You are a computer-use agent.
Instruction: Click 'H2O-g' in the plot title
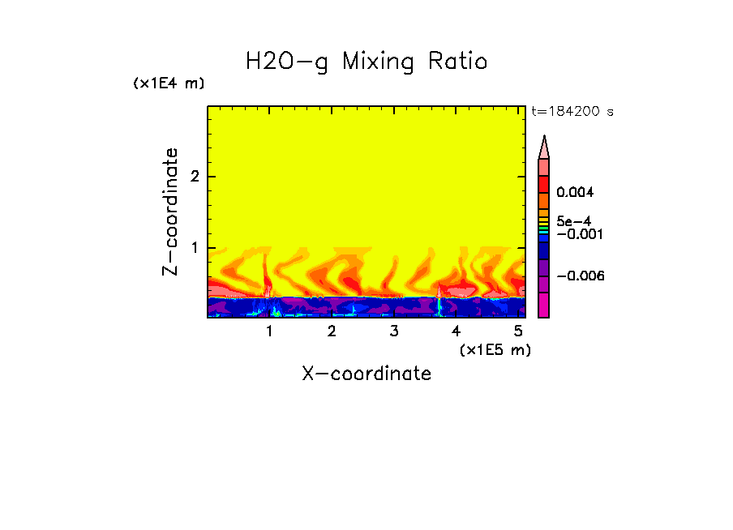coord(286,62)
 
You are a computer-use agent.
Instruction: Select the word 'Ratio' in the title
coord(458,62)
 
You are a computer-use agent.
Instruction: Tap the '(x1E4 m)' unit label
coord(169,83)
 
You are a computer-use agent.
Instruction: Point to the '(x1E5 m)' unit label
coord(495,349)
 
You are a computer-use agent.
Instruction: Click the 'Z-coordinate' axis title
coord(170,212)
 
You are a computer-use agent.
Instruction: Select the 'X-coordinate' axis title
coord(366,374)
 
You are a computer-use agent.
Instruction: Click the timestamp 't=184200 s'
coord(572,112)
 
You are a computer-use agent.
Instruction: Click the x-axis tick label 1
coord(269,331)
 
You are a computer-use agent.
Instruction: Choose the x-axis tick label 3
coord(393,331)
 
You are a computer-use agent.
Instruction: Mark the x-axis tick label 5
coord(518,331)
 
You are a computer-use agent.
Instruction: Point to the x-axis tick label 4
coord(456,331)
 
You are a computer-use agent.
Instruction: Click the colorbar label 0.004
coord(576,193)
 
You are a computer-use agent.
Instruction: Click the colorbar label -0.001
coord(578,234)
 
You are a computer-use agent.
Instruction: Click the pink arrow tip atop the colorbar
coord(544,147)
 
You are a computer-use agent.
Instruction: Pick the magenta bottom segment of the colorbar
coord(544,305)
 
